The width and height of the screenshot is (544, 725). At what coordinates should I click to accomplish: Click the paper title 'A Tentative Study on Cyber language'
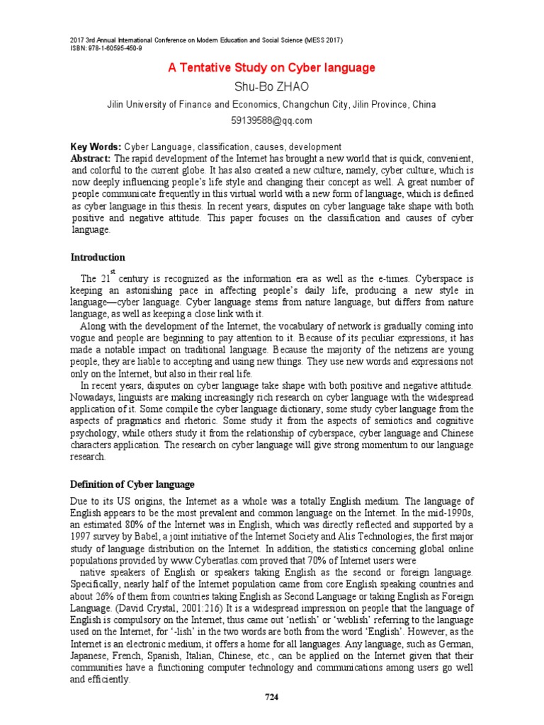[271, 68]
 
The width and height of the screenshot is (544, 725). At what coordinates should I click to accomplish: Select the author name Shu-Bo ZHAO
[271, 86]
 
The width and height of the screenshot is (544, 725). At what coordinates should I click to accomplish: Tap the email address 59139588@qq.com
[271, 120]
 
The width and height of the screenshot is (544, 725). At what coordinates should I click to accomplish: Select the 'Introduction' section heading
[98, 257]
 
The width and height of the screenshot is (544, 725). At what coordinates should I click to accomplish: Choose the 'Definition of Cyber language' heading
[132, 484]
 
